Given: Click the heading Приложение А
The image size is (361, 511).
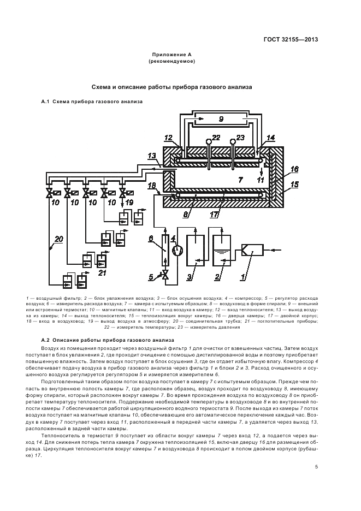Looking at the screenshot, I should pos(172,55).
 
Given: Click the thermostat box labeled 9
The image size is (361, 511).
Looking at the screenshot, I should pos(221,118).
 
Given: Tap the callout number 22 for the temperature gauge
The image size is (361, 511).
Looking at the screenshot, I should pos(217,138).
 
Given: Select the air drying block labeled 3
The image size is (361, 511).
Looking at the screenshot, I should pos(195,251).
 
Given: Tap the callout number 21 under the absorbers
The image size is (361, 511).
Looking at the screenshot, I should pos(102,272).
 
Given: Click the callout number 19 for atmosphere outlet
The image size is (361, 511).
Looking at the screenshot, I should pos(129,203).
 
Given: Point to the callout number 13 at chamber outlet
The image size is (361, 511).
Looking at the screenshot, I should pos(152,156).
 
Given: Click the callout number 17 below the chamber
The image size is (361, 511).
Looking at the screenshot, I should pos(214,215).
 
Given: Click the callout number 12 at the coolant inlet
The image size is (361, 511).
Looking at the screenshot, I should pos(168,138).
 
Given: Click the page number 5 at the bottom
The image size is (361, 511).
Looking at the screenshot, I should pos(316,466).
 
